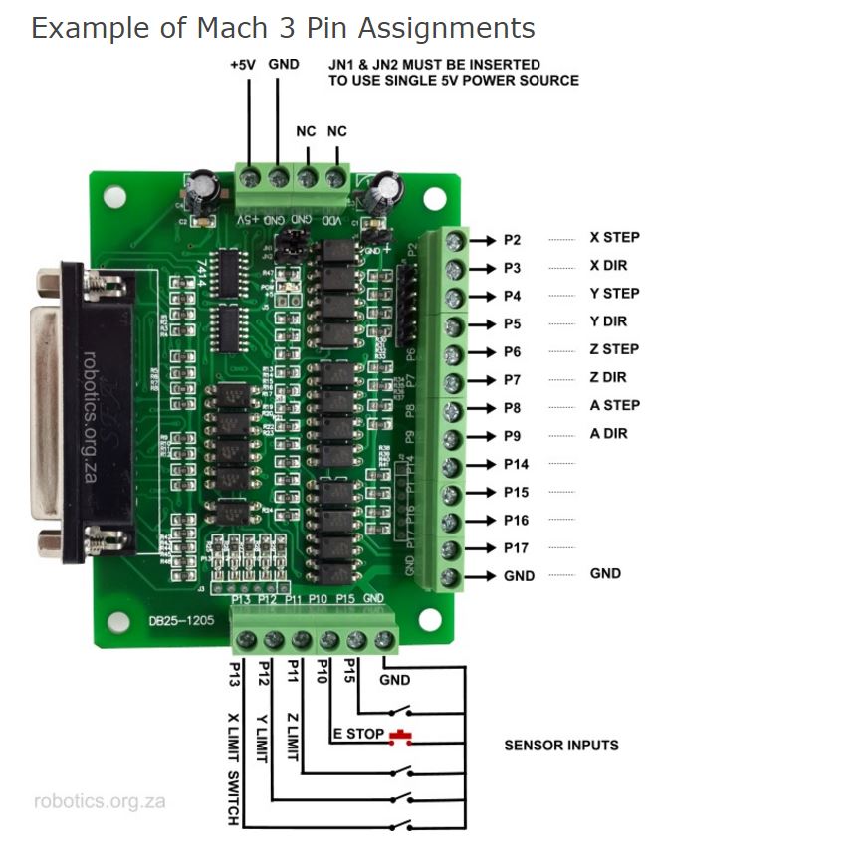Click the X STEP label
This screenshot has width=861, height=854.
click(x=614, y=238)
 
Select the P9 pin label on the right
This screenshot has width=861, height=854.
click(x=512, y=436)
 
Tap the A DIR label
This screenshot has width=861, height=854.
click(x=608, y=434)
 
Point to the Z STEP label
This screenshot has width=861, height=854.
click(x=614, y=349)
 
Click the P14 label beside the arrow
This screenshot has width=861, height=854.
click(x=516, y=464)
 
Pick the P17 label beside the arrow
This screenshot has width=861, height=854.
click(x=516, y=547)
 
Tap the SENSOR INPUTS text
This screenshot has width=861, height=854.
click(x=561, y=745)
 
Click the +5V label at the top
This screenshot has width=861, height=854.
click(x=243, y=64)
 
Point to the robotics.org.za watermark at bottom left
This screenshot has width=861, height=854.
click(x=100, y=801)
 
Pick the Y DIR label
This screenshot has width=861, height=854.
click(x=608, y=321)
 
